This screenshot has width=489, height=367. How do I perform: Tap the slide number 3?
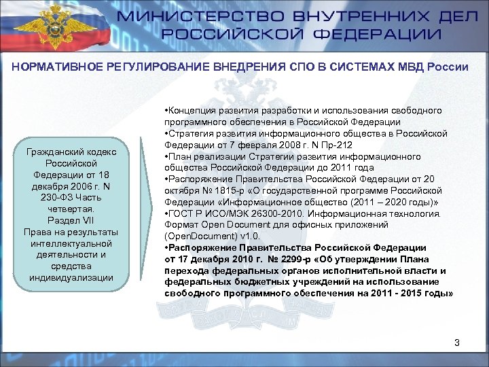(457, 343)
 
